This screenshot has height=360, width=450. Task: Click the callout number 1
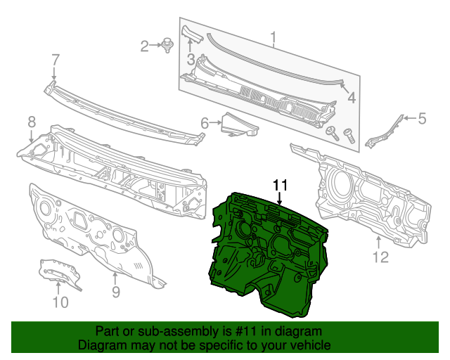point(274,37)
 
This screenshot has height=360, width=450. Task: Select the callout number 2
point(145,46)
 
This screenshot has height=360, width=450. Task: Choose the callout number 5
point(422,119)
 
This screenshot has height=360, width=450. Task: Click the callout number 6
point(205,124)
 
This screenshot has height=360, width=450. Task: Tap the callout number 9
point(116,291)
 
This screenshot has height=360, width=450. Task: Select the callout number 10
point(60,302)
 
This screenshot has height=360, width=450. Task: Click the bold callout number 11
point(281,185)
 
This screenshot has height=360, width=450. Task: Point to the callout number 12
point(380,257)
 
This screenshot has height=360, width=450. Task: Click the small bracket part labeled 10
point(60,273)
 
